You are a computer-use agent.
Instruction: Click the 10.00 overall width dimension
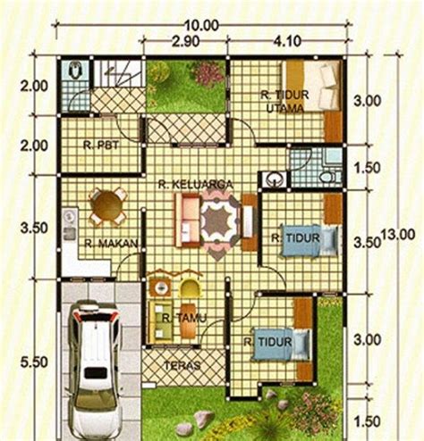pyautogui.click(x=201, y=26)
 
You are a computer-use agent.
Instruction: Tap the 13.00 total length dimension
pyautogui.click(x=398, y=235)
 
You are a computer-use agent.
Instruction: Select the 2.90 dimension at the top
pyautogui.click(x=185, y=42)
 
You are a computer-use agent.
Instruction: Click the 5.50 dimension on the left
pyautogui.click(x=34, y=362)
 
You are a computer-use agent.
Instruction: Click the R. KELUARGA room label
pyautogui.click(x=195, y=185)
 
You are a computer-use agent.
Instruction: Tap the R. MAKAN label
pyautogui.click(x=111, y=244)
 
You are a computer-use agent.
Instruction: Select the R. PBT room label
pyautogui.click(x=101, y=146)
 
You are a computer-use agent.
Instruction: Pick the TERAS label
pyautogui.click(x=182, y=366)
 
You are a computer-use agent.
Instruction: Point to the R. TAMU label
pyautogui.click(x=184, y=319)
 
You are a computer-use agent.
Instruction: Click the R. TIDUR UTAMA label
pyautogui.click(x=284, y=102)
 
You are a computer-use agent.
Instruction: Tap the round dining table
pyautogui.click(x=106, y=205)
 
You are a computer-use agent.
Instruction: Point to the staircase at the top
pyautogui.click(x=118, y=73)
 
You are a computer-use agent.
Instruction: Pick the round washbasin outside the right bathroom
pyautogui.click(x=274, y=179)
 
